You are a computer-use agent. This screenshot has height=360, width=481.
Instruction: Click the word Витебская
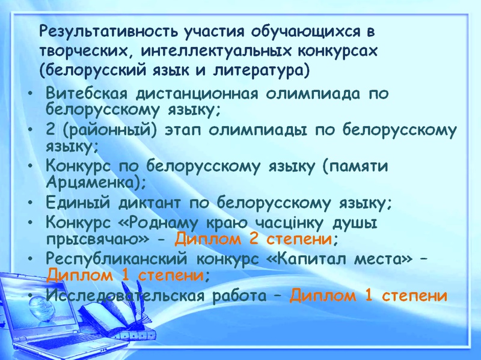[x=86, y=93]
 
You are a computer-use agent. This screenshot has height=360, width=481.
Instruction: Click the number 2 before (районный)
[x=51, y=130]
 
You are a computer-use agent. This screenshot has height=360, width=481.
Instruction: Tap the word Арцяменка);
[x=96, y=183]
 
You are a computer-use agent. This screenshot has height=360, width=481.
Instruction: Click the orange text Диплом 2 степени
[x=253, y=239]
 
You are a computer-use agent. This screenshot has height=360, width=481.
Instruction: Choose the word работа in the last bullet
[x=239, y=296]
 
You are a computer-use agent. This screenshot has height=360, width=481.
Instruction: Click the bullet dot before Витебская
[x=29, y=93]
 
